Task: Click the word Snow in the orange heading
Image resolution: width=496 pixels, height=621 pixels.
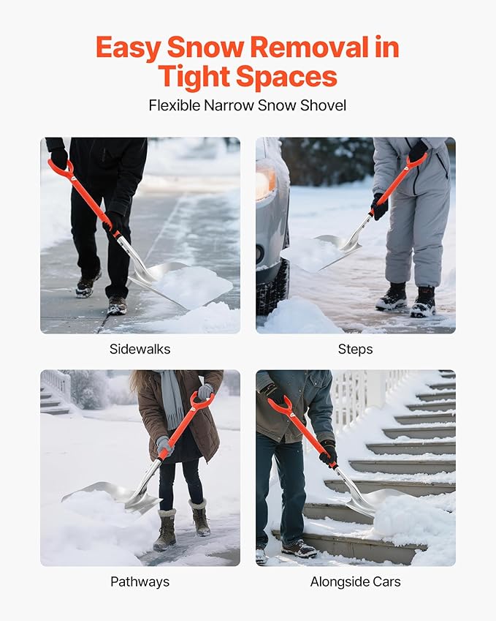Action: pyautogui.click(x=206, y=48)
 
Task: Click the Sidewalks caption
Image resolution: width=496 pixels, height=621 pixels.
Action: pyautogui.click(x=140, y=349)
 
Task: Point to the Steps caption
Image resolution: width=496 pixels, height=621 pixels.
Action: pyautogui.click(x=355, y=349)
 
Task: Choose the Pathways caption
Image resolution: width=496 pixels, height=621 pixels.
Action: pyautogui.click(x=140, y=582)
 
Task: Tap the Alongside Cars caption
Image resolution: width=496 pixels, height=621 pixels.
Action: pyautogui.click(x=355, y=582)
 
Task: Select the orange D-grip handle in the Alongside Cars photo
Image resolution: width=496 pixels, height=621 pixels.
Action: pyautogui.click(x=281, y=407)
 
